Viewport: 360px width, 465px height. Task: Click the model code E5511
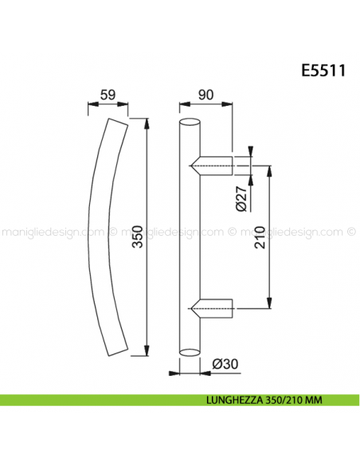(322, 70)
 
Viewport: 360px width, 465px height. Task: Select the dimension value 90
(205, 96)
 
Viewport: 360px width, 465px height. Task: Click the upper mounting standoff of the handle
(213, 165)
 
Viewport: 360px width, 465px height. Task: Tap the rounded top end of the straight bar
(190, 123)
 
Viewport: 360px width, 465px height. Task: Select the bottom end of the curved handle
(115, 352)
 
